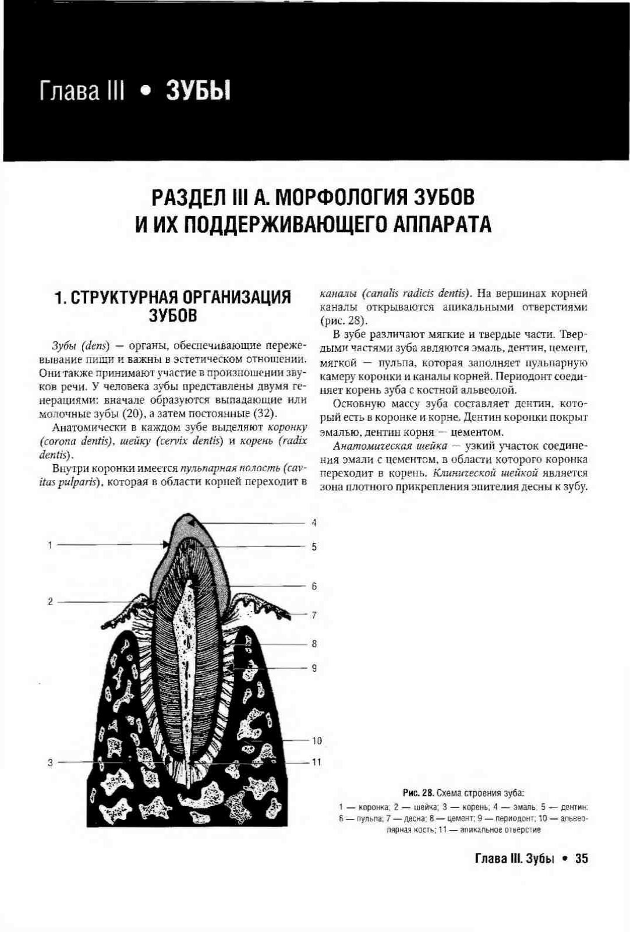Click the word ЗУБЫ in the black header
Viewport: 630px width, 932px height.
(x=198, y=91)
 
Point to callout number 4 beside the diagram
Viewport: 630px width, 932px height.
(x=314, y=523)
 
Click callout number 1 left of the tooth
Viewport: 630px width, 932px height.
(x=50, y=545)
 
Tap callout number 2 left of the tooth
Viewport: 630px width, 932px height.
(x=50, y=601)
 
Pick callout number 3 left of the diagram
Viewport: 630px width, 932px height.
(x=50, y=762)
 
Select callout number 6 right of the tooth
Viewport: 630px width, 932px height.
(x=314, y=587)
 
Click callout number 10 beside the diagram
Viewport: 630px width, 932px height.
(x=316, y=741)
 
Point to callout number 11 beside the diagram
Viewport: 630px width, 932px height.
(x=316, y=762)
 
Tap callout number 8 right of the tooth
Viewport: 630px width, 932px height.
(x=314, y=644)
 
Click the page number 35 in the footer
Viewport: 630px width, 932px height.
(x=581, y=859)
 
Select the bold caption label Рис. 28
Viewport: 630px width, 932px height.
(x=419, y=793)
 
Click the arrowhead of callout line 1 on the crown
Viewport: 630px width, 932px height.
(x=167, y=545)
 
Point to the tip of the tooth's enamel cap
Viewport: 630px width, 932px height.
(x=189, y=514)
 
